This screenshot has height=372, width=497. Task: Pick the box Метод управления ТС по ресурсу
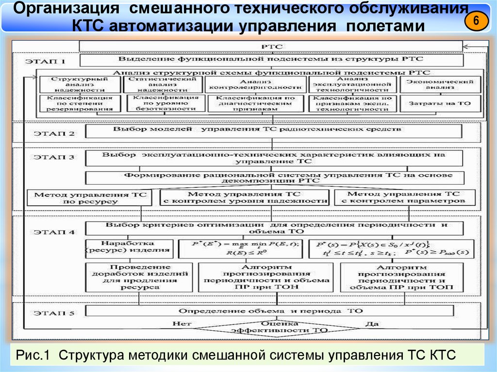coord(90,197)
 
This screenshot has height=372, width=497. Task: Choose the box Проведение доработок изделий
coord(128,277)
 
